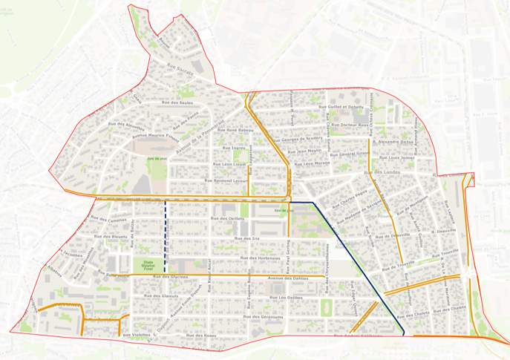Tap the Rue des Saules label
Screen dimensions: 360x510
[x=177, y=102]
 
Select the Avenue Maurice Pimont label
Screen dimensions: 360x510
[x=157, y=137]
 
